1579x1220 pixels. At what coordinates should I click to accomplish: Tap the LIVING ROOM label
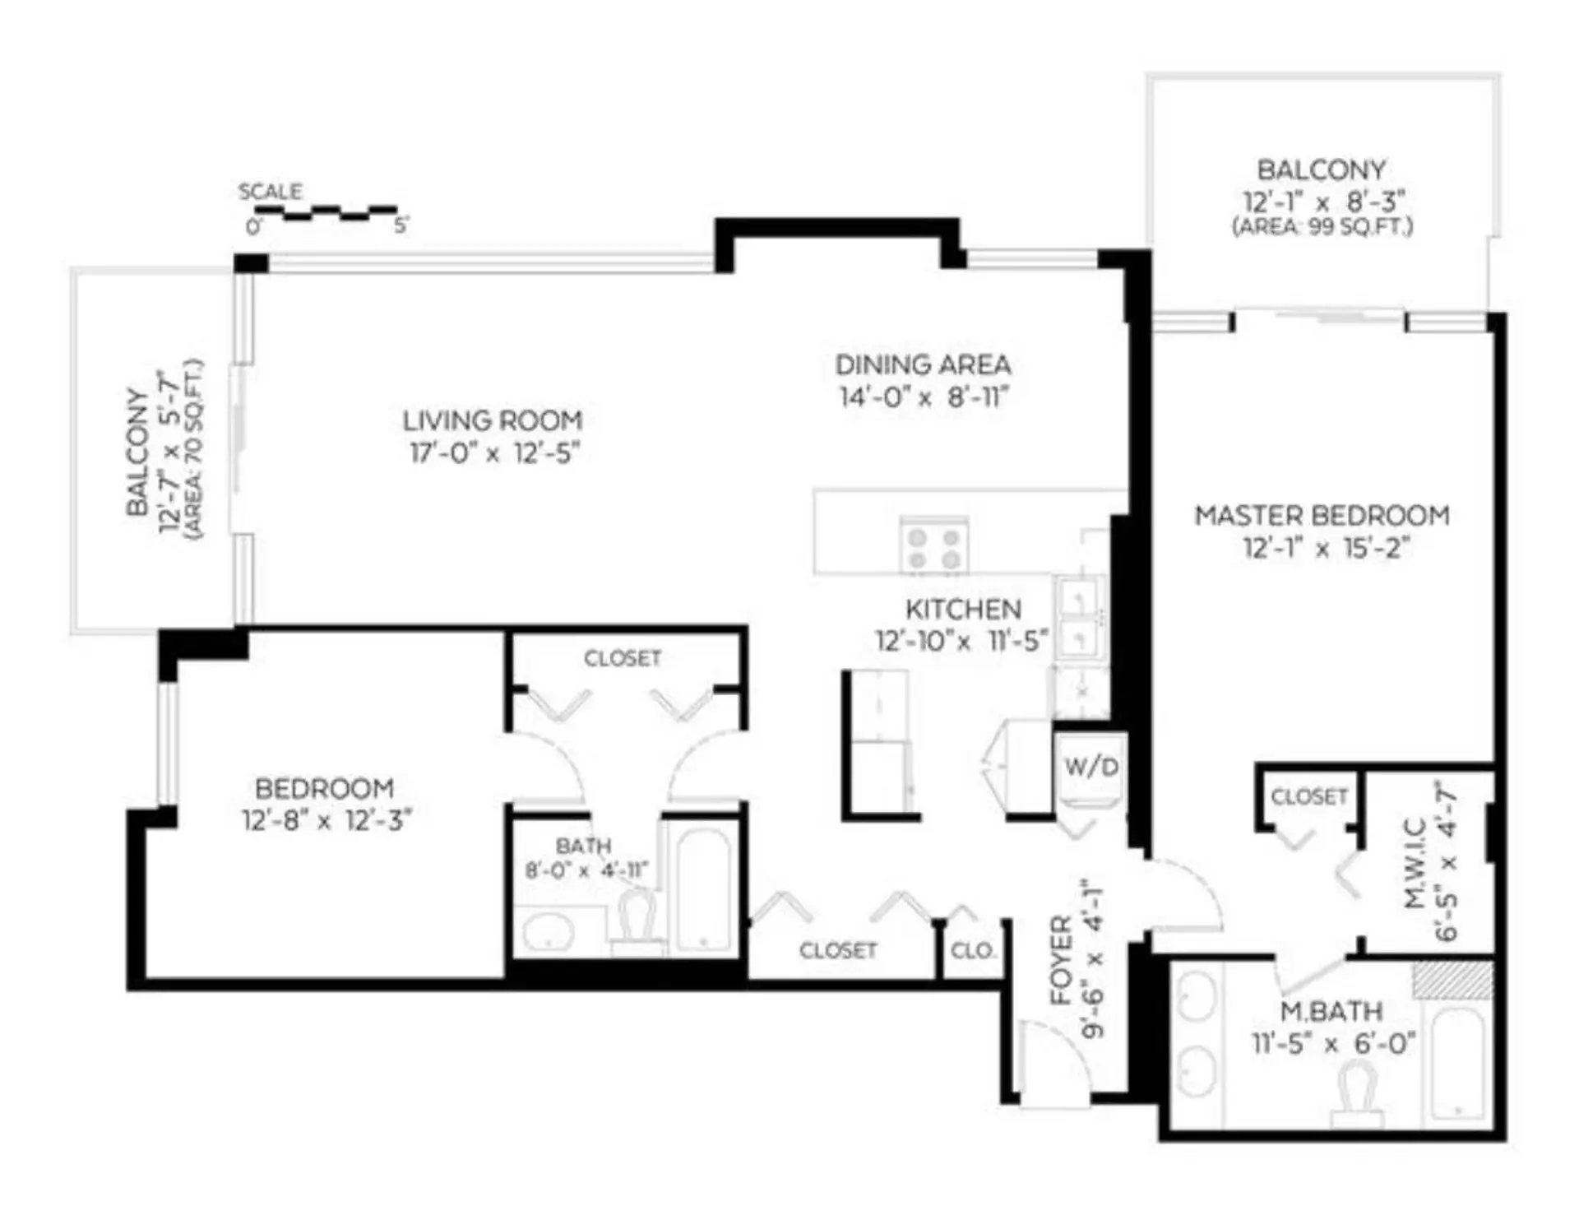click(493, 421)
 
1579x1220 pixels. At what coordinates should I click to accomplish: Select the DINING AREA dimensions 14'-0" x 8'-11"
click(923, 398)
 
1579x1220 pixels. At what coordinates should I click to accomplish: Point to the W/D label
click(1091, 768)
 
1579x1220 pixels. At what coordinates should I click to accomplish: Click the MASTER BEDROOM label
click(1322, 516)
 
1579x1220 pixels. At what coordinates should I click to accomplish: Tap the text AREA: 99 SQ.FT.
click(1322, 227)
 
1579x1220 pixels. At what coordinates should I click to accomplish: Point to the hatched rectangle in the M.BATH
click(1452, 979)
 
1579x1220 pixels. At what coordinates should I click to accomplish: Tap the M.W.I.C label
click(1415, 864)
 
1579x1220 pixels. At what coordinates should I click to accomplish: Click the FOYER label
click(1062, 960)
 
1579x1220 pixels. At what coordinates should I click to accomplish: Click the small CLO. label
click(973, 951)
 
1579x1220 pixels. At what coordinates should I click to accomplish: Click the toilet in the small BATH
click(637, 921)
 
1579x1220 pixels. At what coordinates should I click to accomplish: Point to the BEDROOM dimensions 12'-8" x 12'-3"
click(326, 821)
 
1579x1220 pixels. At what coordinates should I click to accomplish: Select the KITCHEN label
click(963, 610)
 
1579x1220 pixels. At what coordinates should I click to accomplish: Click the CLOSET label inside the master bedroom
click(1308, 796)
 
